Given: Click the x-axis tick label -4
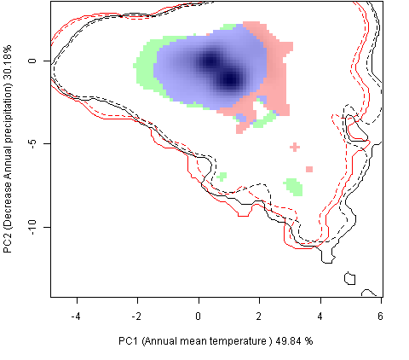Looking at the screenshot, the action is coord(76,316).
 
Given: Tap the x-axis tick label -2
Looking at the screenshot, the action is coord(137,316).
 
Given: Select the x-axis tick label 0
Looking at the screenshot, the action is coord(199,316).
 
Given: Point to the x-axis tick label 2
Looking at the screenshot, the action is coord(259,316).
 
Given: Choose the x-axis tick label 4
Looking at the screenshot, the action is coord(320,316).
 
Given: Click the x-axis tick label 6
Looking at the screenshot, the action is coord(380,316).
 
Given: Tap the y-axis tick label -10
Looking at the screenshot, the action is coord(32,227).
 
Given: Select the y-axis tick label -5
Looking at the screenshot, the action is coord(32,143).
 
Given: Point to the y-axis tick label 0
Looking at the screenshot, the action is coord(32,61).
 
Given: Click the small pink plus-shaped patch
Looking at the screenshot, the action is coord(295,147).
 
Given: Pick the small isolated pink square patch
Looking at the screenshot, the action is coord(309,169).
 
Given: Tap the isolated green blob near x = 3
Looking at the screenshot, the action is coord(294,187).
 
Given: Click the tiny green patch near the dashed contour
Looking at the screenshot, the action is coord(222,177).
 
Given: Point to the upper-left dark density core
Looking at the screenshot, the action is coord(210,61).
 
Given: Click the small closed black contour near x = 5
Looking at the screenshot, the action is coord(349,278).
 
